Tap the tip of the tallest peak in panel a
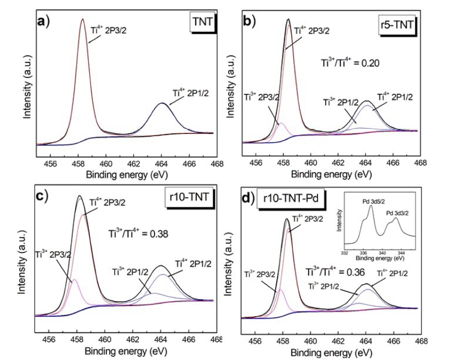pyautogui.click(x=83, y=19)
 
